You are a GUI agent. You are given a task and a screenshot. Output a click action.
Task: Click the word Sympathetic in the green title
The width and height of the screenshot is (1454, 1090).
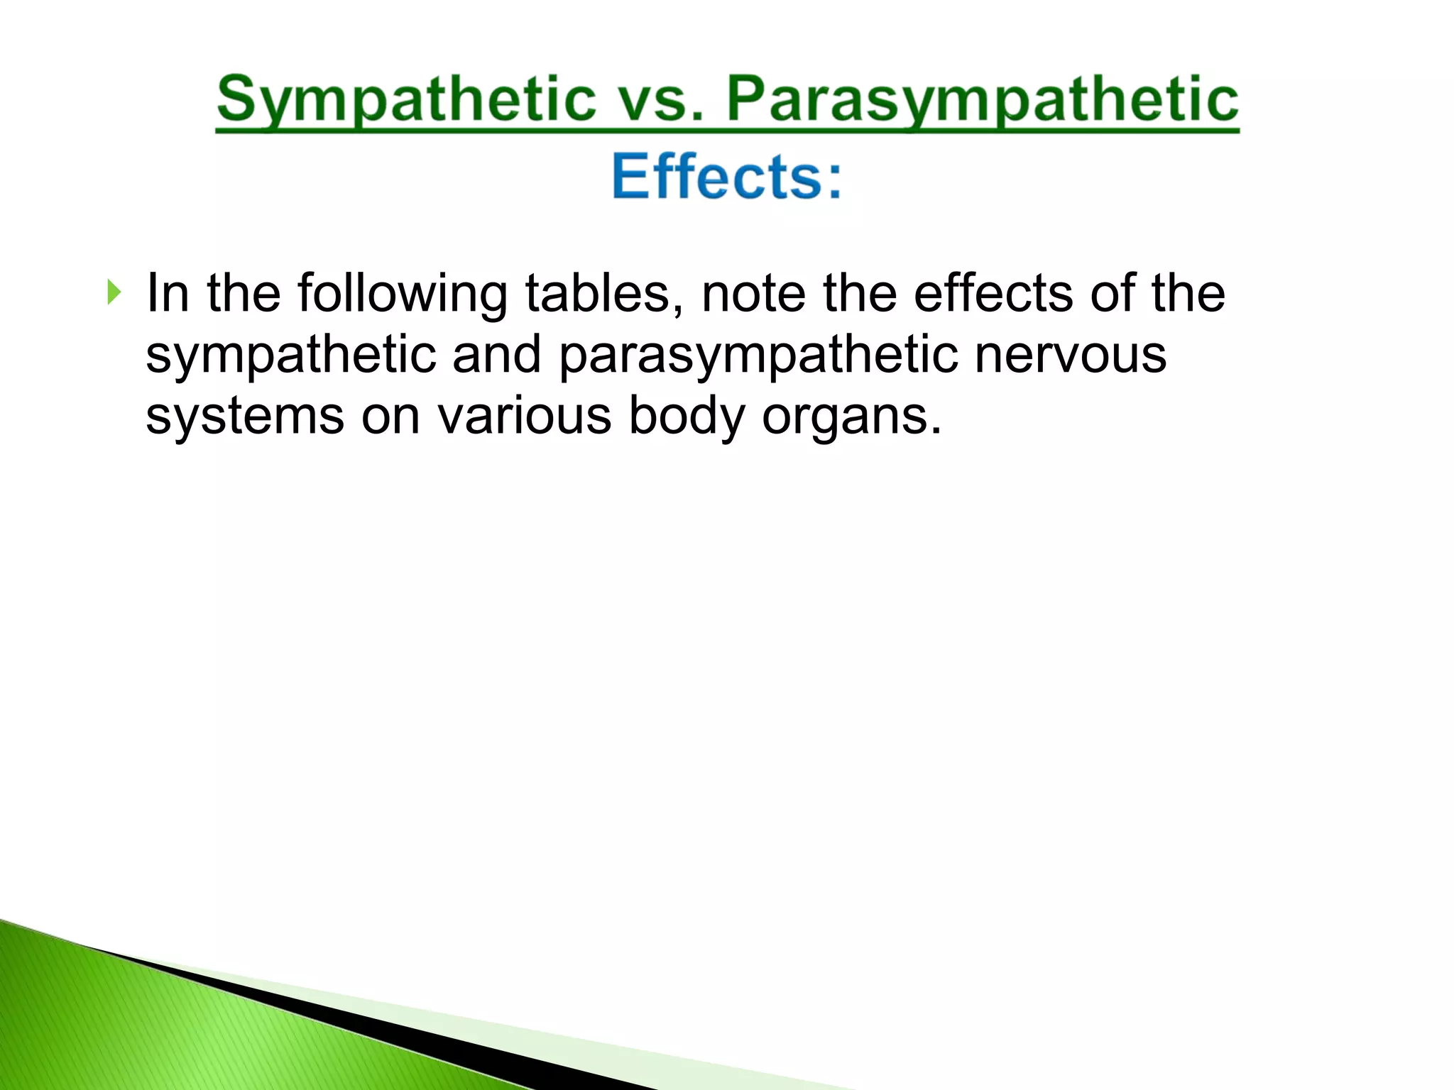(406, 100)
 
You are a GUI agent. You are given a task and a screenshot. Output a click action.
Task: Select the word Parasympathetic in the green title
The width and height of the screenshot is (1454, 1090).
(983, 100)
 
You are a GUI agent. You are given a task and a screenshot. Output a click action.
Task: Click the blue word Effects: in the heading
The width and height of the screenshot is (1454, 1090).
(727, 177)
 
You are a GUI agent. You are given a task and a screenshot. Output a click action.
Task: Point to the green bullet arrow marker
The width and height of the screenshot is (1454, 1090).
(114, 292)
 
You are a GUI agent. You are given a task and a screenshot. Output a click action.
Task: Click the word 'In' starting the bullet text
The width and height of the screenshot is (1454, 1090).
(168, 293)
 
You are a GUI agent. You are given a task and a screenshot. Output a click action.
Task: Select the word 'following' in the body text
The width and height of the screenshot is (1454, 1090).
(402, 293)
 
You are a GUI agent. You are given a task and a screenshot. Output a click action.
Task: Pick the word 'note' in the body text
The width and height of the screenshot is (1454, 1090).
(753, 293)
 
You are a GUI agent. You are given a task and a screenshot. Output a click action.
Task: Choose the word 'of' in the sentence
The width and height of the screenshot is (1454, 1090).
(1112, 293)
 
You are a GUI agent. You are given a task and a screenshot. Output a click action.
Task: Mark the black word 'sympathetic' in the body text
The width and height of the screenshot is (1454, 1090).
(291, 355)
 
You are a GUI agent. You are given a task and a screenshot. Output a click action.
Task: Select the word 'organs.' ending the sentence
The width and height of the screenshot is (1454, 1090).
(852, 417)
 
